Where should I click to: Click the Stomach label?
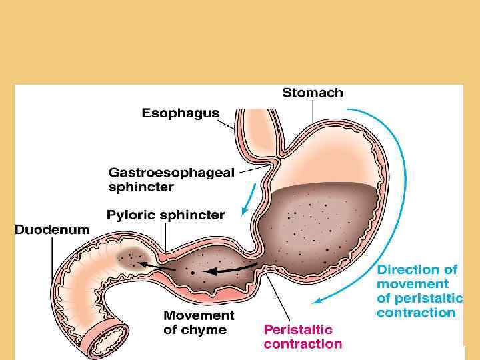(313, 93)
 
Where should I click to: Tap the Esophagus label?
(180, 113)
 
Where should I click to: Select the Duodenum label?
(52, 229)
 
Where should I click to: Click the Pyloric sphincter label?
(166, 215)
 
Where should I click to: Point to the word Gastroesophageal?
(171, 173)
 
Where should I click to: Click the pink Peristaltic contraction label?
(303, 337)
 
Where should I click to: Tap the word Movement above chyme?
(199, 315)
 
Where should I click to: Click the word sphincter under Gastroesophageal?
(141, 187)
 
